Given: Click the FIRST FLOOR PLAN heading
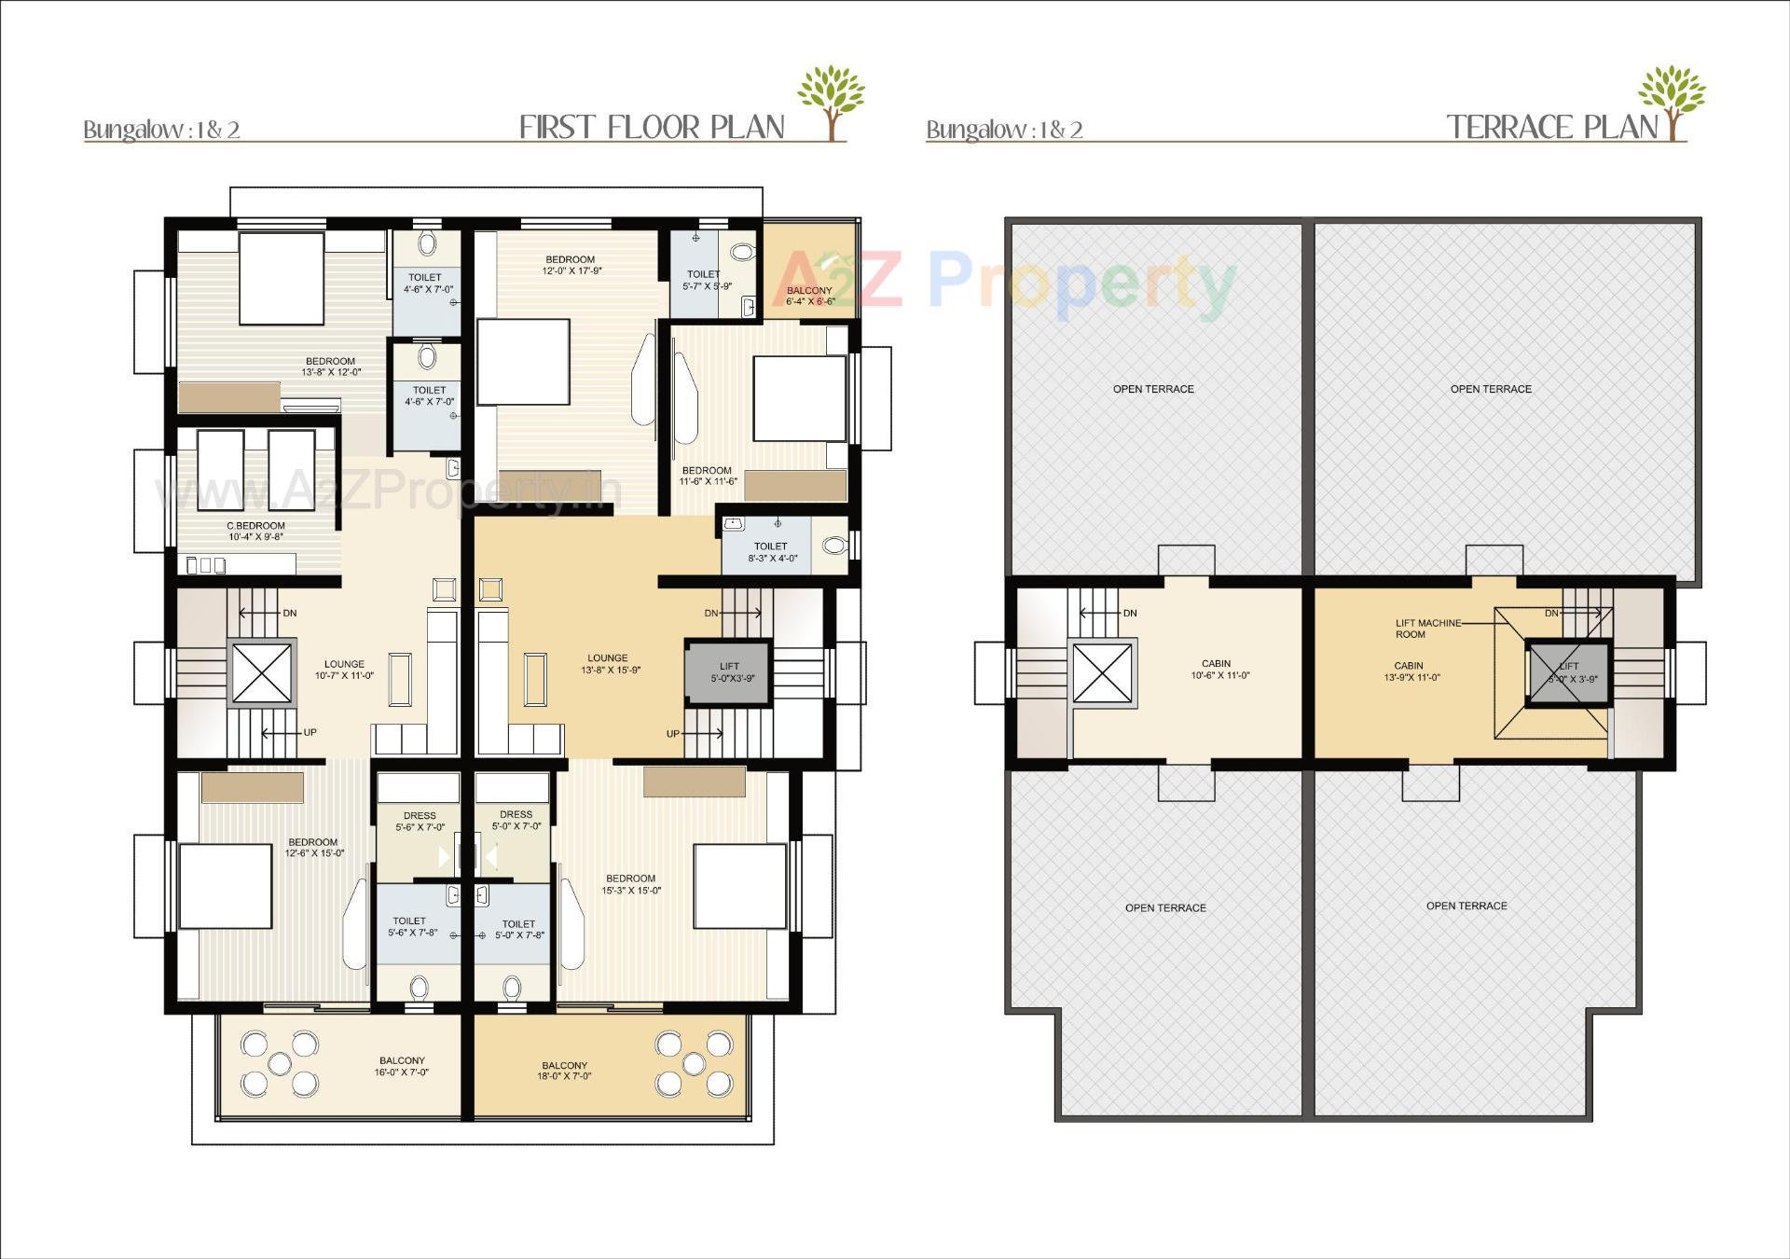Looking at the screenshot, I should (652, 127).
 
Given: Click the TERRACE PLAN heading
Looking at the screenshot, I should (1552, 127).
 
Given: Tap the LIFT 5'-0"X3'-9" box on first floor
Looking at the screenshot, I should (730, 671).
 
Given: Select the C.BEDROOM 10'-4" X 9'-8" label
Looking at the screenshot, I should (255, 531).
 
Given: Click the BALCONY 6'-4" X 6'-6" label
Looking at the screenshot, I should (809, 296).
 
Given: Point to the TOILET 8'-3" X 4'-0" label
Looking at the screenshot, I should (770, 551).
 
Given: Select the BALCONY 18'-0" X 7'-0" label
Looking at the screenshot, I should (564, 1070).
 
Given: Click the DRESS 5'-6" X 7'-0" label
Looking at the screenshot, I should (420, 821).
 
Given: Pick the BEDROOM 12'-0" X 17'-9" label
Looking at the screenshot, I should (570, 265).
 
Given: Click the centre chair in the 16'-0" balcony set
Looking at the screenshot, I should (279, 1062).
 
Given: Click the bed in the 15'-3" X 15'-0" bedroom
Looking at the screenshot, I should (739, 886).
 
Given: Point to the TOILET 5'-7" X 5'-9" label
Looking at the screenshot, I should (706, 280).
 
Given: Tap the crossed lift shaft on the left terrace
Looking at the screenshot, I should (1103, 672).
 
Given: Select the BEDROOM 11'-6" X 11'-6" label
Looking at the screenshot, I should (707, 476).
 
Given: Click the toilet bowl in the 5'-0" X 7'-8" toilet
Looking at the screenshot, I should (511, 987).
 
